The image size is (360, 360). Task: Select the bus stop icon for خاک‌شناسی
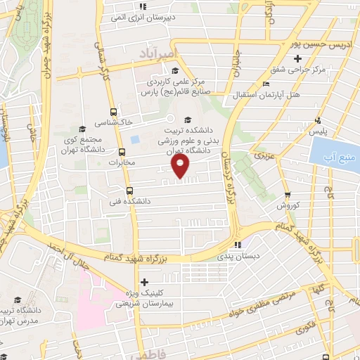(x=114, y=112)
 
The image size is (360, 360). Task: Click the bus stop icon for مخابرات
(x=122, y=151)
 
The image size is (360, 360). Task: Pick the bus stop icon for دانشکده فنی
(x=129, y=190)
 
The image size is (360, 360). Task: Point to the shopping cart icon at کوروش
(x=287, y=176)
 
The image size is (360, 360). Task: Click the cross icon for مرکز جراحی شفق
(x=279, y=70)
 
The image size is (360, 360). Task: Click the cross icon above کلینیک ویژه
(x=145, y=282)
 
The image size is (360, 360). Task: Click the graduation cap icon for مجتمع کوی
(x=83, y=128)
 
